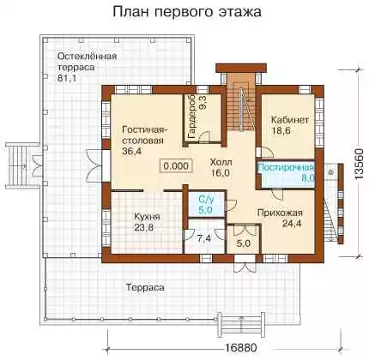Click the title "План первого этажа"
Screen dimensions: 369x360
(187, 12)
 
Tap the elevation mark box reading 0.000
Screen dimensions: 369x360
(177, 166)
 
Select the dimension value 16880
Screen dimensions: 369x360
(239, 348)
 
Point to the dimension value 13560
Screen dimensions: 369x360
(359, 164)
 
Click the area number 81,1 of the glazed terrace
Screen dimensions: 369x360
(67, 78)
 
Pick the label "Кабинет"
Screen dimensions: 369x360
(290, 119)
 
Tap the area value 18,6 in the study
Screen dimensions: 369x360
(281, 130)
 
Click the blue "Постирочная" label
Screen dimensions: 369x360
(286, 167)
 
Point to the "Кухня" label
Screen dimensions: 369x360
(147, 217)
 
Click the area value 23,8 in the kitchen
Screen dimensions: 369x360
(143, 228)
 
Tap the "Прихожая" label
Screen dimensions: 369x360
(280, 213)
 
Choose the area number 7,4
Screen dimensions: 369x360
(204, 238)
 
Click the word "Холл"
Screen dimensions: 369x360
(221, 162)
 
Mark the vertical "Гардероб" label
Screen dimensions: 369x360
(192, 117)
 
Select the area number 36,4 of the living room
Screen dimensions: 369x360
(132, 152)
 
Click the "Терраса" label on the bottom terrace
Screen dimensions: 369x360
(145, 287)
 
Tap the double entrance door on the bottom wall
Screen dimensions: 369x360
(245, 267)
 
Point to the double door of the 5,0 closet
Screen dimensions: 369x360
(244, 231)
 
